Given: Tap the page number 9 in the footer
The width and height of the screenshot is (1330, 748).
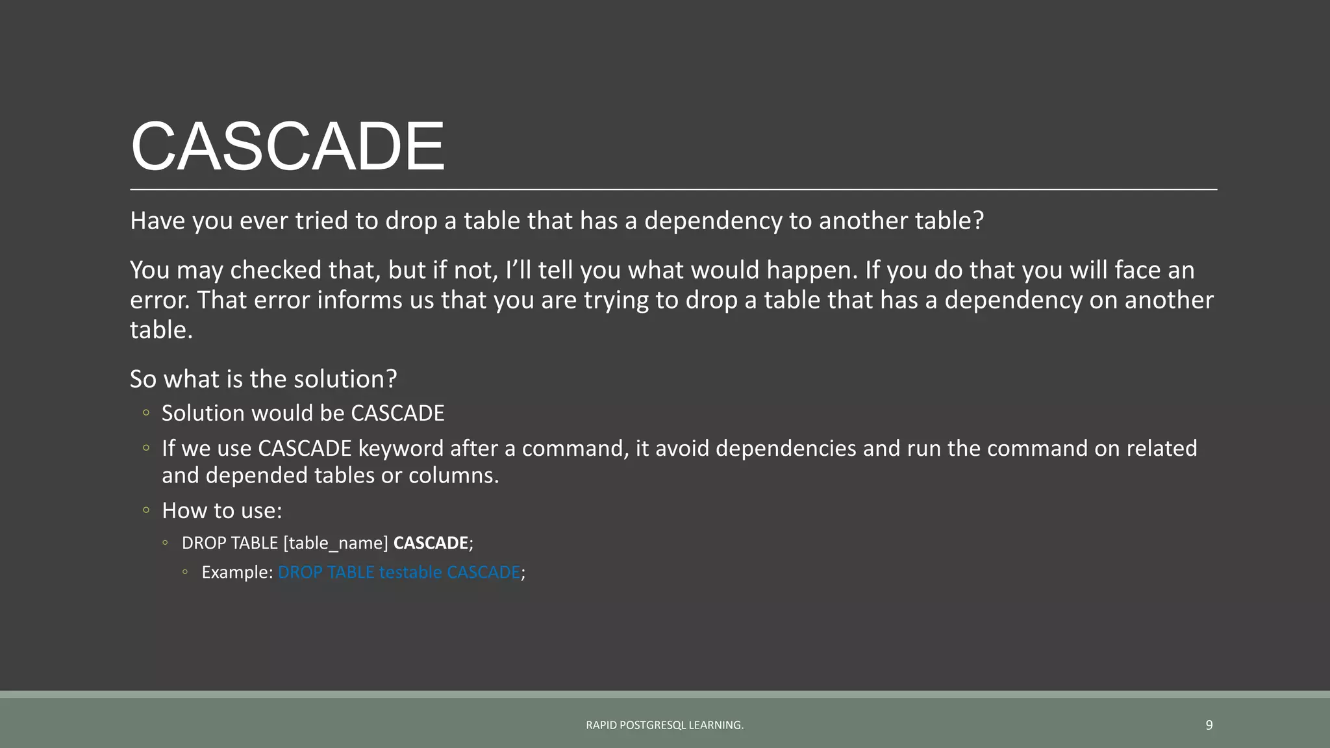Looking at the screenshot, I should click(x=1209, y=725).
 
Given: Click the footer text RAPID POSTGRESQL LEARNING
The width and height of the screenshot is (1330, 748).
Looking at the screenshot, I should click(x=664, y=725).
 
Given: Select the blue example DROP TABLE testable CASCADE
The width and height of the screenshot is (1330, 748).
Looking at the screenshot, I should click(x=399, y=572).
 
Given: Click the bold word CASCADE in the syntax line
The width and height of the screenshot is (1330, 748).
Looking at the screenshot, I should click(x=431, y=543).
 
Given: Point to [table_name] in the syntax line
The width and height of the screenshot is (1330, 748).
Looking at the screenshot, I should click(x=335, y=543).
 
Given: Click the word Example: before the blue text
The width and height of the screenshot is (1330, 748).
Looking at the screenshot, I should click(x=236, y=572).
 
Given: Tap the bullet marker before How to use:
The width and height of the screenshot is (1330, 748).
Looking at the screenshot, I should click(x=146, y=510).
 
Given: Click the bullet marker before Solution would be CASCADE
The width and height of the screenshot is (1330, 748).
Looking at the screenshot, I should click(x=146, y=413).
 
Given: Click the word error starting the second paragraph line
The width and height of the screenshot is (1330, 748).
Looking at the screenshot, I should click(x=160, y=300).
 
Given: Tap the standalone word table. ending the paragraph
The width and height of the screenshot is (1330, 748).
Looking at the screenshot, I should click(x=161, y=330).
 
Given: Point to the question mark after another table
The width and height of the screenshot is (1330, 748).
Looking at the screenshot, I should click(x=978, y=221).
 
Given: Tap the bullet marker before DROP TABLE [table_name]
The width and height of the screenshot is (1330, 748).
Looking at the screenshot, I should click(x=166, y=543).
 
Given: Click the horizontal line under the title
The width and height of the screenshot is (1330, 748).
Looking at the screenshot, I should click(x=673, y=190).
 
